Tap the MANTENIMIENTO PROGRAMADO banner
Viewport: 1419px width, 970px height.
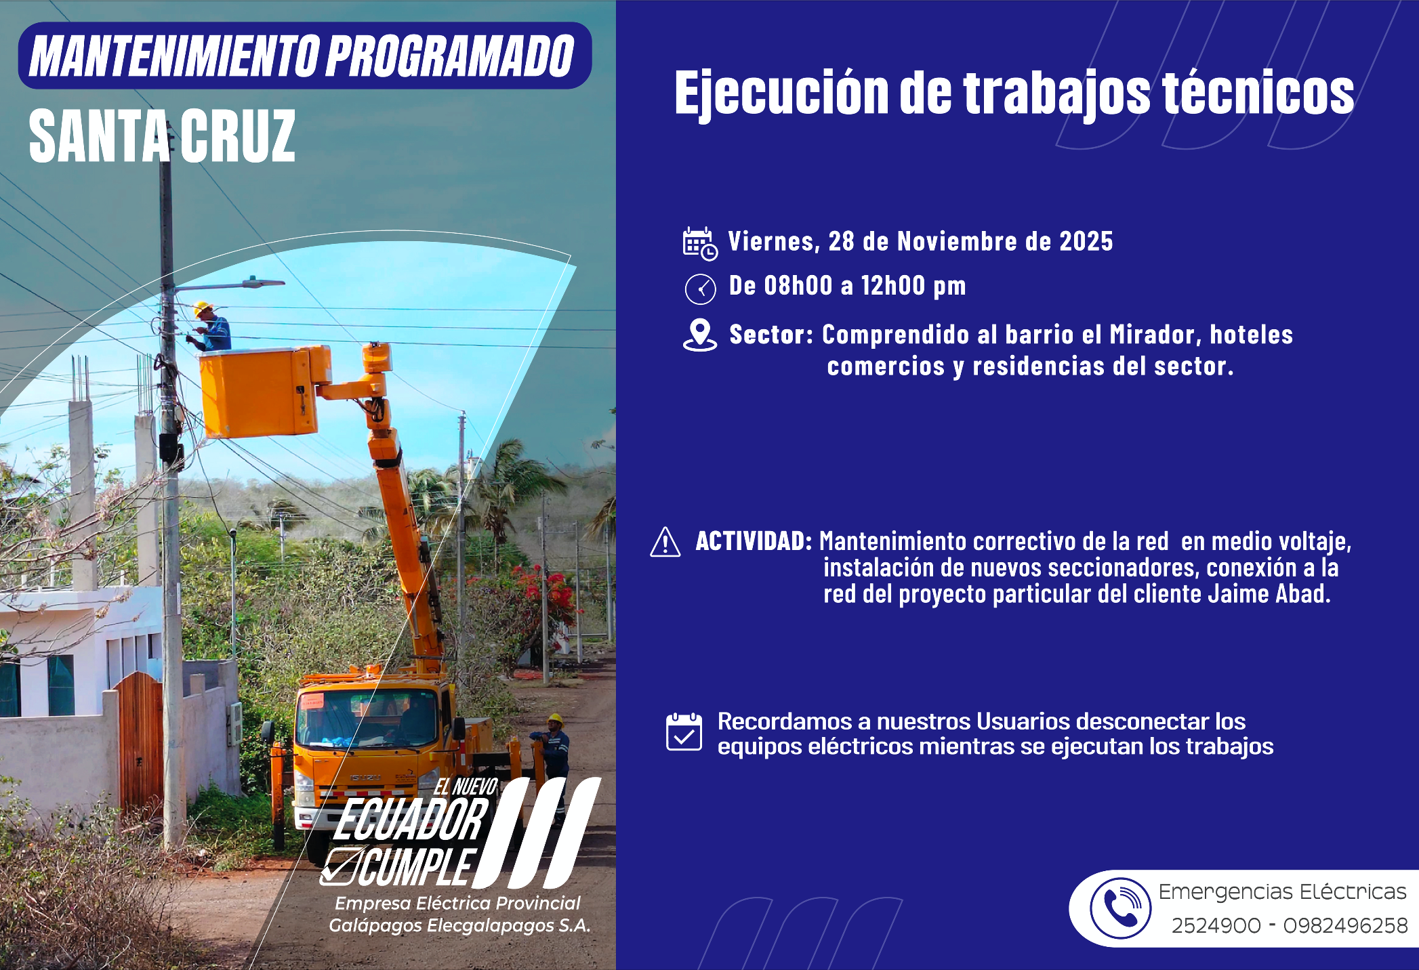click(305, 56)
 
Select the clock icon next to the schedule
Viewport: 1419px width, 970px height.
click(700, 289)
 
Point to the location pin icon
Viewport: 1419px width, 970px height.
click(700, 335)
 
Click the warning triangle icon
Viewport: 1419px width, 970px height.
click(665, 542)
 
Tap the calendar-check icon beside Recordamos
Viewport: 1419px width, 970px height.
click(684, 732)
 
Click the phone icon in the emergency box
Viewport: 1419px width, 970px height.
click(1120, 908)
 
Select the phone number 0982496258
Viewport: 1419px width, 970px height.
click(1345, 925)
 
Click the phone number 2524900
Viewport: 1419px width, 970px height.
click(1216, 925)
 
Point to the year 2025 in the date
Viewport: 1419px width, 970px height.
click(1086, 242)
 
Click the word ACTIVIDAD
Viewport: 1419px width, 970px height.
click(754, 541)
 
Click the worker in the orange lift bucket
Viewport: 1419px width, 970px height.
click(211, 327)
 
